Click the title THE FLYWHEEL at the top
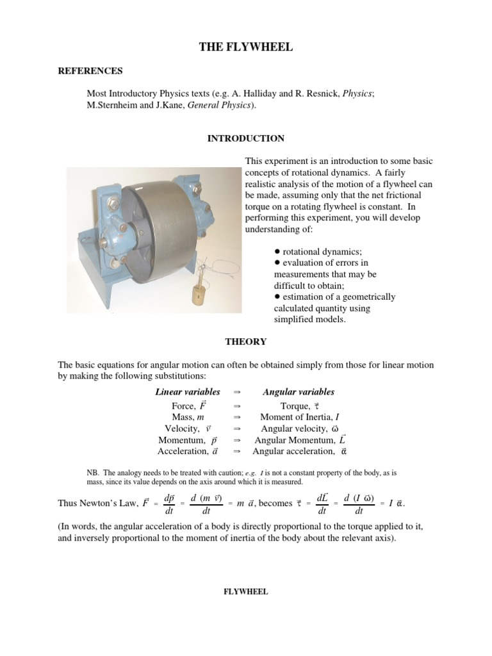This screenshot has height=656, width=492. pyautogui.click(x=245, y=47)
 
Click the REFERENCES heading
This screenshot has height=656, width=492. pyautogui.click(x=90, y=71)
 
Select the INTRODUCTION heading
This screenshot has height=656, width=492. pyautogui.click(x=245, y=138)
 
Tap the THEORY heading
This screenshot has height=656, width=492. pyautogui.click(x=245, y=342)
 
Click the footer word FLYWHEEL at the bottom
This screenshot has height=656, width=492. pyautogui.click(x=245, y=592)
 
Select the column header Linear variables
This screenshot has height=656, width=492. pyautogui.click(x=188, y=392)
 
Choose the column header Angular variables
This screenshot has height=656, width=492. pyautogui.click(x=299, y=392)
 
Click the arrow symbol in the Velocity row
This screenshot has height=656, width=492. pyautogui.click(x=236, y=429)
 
